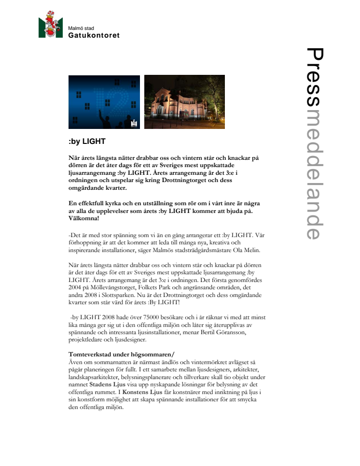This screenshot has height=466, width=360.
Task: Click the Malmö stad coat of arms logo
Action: [x=51, y=25]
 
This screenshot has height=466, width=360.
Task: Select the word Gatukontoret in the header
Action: [x=94, y=35]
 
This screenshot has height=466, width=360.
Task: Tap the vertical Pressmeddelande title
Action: [x=314, y=143]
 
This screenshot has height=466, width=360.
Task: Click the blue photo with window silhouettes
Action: [x=104, y=102]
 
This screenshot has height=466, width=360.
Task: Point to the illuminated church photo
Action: [x=184, y=102]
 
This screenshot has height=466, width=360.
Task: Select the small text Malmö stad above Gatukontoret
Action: [x=81, y=28]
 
